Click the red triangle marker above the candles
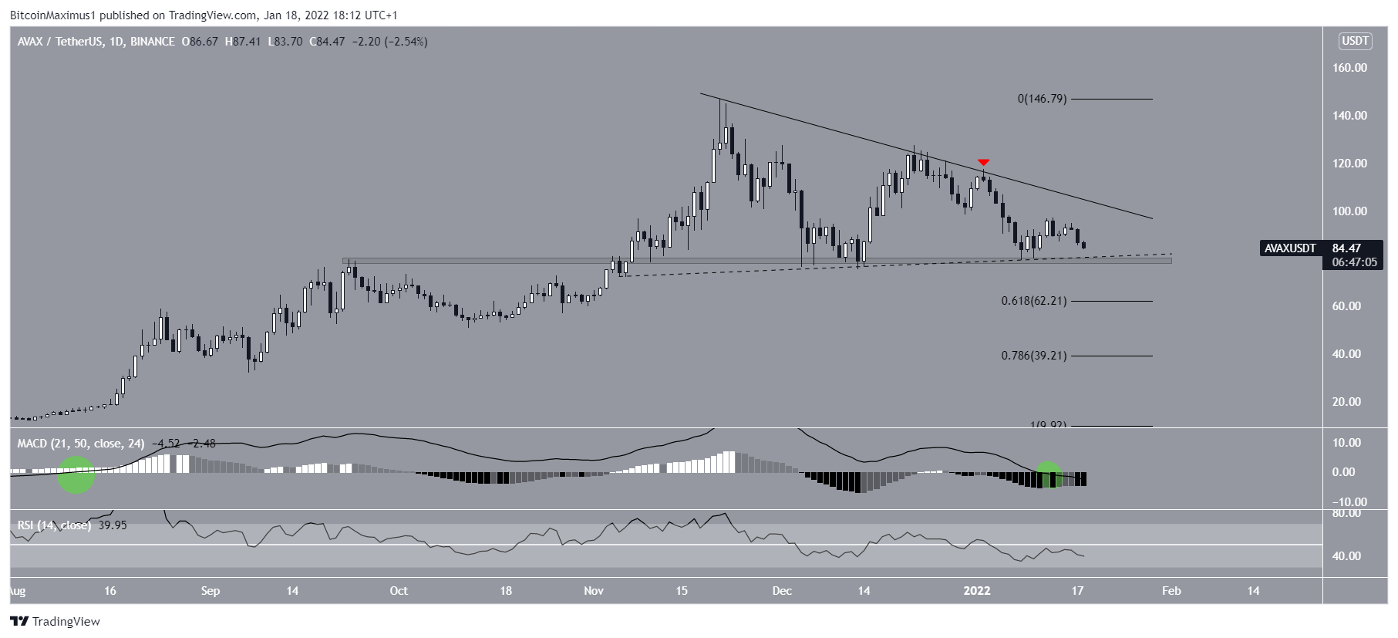pyautogui.click(x=983, y=162)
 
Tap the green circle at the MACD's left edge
pyautogui.click(x=76, y=474)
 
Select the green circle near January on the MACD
pyautogui.click(x=1048, y=475)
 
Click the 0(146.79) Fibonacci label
pyautogui.click(x=1042, y=99)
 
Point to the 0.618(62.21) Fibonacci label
pyautogui.click(x=1033, y=301)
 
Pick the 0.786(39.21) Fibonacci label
pyautogui.click(x=1033, y=356)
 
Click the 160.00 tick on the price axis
pyautogui.click(x=1349, y=68)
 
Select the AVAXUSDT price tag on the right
pyautogui.click(x=1290, y=248)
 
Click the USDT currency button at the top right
pyautogui.click(x=1355, y=41)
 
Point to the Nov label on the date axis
pyautogui.click(x=593, y=591)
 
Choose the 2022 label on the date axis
pyautogui.click(x=976, y=591)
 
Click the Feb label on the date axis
pyautogui.click(x=1171, y=591)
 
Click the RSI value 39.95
pyautogui.click(x=113, y=525)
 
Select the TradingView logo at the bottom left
pyautogui.click(x=56, y=622)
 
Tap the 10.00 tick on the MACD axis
pyautogui.click(x=1346, y=443)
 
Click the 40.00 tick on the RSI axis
pyautogui.click(x=1346, y=556)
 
